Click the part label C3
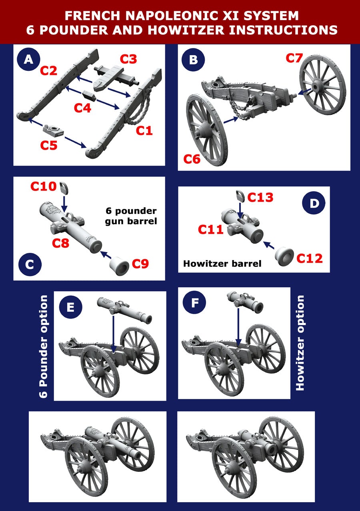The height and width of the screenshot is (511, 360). [x=128, y=59]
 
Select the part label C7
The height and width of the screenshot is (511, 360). [x=294, y=58]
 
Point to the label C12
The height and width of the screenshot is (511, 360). [x=309, y=259]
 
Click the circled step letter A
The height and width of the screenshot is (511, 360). [x=28, y=60]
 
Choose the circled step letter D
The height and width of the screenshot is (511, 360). [x=314, y=203]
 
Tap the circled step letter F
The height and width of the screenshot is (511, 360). [x=194, y=303]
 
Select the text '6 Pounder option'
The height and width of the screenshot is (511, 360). [x=44, y=346]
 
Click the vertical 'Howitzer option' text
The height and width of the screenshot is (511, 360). [x=300, y=343]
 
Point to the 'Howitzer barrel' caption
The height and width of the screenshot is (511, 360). [x=222, y=264]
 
